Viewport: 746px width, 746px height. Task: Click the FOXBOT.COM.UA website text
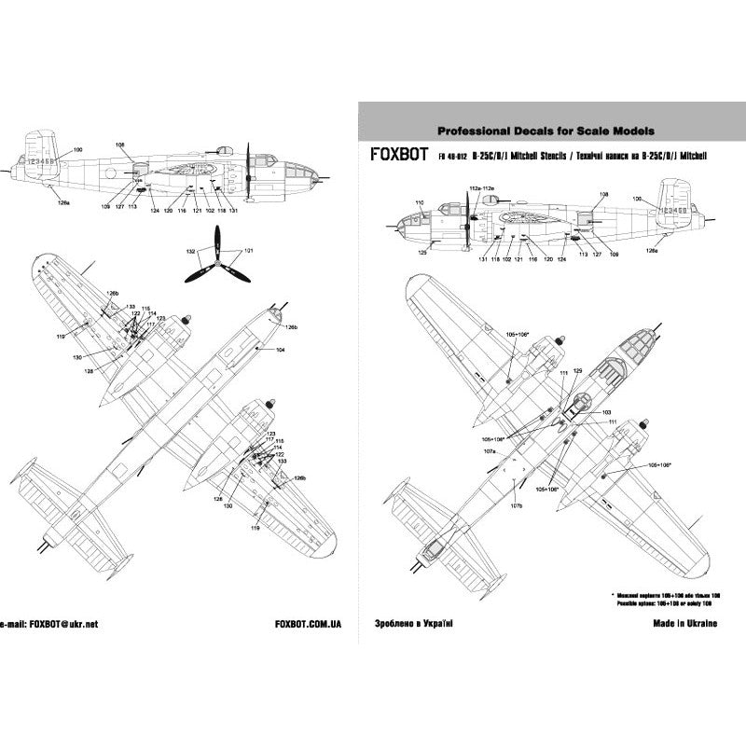pos(309,623)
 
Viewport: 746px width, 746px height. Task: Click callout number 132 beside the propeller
pos(190,253)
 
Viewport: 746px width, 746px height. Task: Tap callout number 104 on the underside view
pos(279,349)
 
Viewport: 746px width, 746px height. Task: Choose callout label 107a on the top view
pos(490,451)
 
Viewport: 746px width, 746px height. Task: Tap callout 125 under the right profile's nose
pos(422,252)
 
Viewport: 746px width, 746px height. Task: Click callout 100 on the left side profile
pos(77,150)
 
